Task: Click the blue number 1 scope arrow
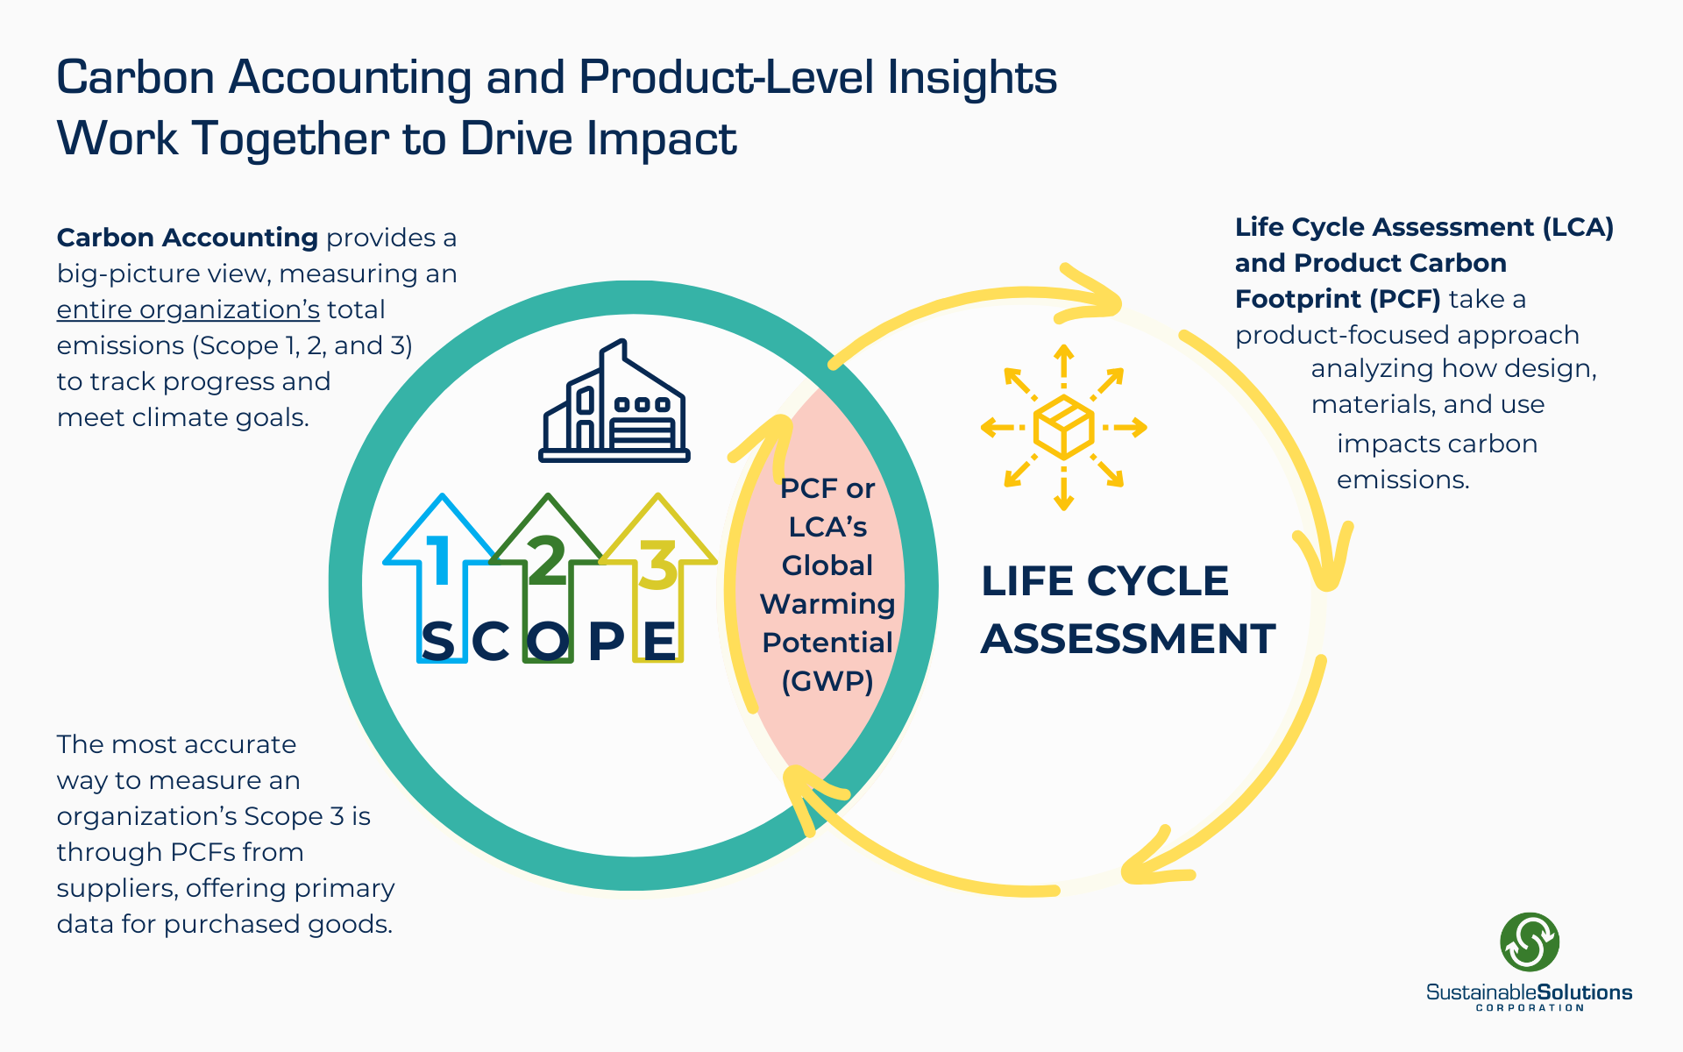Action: (441, 561)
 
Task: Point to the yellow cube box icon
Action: (1063, 428)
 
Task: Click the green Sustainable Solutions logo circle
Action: (1530, 942)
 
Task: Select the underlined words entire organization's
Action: (188, 309)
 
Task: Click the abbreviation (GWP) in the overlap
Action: (827, 681)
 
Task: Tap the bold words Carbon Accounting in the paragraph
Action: (187, 238)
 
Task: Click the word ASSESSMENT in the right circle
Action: (1128, 638)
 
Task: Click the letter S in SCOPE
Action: (438, 641)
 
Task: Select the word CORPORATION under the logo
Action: (1530, 1008)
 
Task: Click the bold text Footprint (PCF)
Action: (1338, 299)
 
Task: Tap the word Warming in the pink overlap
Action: (827, 604)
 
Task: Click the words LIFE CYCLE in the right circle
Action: (1104, 581)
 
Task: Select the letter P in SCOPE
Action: (606, 641)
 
